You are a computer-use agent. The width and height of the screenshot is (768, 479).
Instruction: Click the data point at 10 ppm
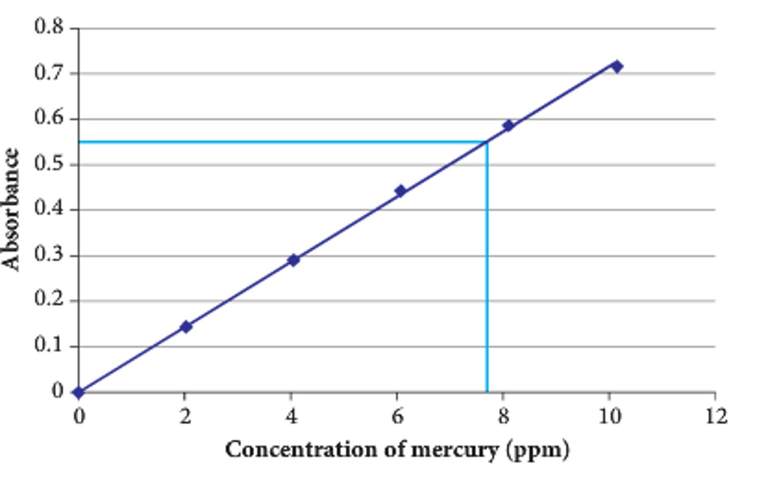coord(617,67)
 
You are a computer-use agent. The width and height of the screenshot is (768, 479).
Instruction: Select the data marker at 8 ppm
coord(508,125)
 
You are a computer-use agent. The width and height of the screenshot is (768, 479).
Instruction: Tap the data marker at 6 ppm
coord(401,191)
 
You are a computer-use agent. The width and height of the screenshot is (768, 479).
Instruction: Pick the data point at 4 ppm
coord(293,260)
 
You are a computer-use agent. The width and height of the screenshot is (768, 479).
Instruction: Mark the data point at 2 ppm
coord(186,326)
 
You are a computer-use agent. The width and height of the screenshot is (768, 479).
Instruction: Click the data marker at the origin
coord(78,393)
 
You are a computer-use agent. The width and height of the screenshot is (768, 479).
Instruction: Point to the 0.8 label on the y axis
coord(49,26)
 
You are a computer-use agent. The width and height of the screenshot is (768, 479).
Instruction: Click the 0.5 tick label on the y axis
coord(49,163)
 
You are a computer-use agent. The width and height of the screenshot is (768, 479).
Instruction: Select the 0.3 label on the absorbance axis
coord(49,254)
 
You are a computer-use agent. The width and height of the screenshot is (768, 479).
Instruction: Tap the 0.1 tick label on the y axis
coord(49,345)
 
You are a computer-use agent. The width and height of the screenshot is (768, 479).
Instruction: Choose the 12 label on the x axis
coord(716,416)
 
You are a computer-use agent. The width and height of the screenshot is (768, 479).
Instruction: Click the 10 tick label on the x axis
coord(609,416)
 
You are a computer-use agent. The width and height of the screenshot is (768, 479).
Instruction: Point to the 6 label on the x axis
coord(397,416)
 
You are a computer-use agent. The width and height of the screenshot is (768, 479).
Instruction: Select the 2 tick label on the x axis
coord(185,416)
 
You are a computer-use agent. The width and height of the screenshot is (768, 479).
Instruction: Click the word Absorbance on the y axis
coord(11,209)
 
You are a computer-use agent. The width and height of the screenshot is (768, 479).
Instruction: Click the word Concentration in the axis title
coord(301,449)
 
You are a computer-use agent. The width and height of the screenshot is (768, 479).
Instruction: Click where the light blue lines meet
coord(486,142)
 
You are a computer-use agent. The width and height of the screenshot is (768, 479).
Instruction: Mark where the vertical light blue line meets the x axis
coord(486,392)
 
